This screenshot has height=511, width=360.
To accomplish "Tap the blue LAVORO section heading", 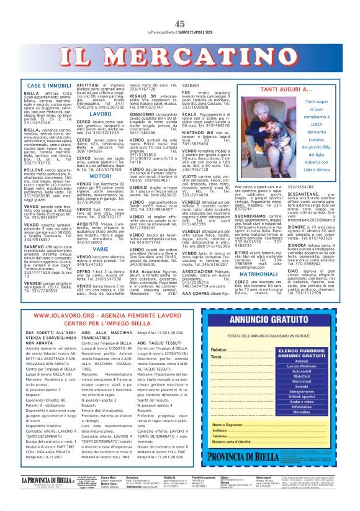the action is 100,115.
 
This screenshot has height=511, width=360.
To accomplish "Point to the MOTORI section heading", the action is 100,176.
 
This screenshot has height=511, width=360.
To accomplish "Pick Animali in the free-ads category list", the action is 302,360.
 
